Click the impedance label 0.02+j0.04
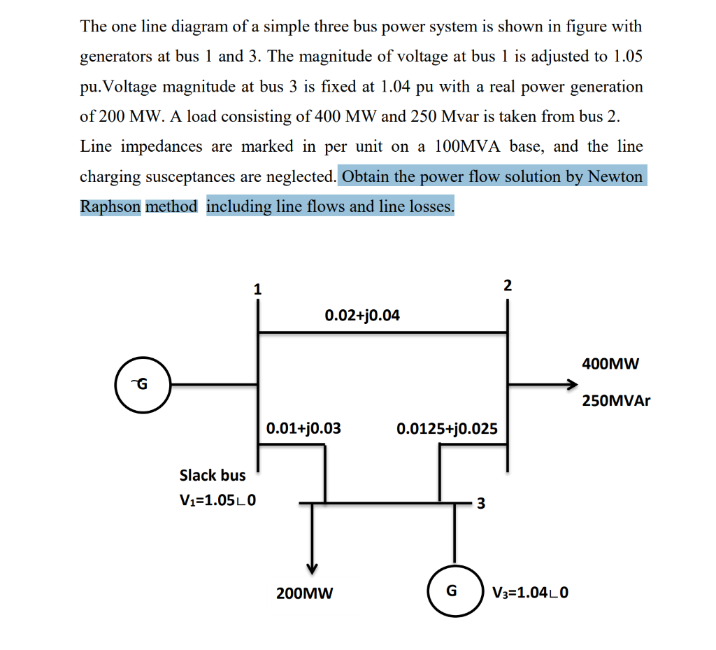click(362, 316)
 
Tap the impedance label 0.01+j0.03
click(303, 428)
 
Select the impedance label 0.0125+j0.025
click(447, 428)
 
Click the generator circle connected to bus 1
click(143, 384)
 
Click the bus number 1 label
click(257, 288)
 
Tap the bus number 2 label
click(508, 285)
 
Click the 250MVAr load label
click(616, 402)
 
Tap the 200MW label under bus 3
click(305, 594)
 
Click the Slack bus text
click(213, 476)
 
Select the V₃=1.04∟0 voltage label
click(530, 594)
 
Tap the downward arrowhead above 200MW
click(313, 565)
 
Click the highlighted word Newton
click(615, 176)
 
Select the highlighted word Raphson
click(110, 206)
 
